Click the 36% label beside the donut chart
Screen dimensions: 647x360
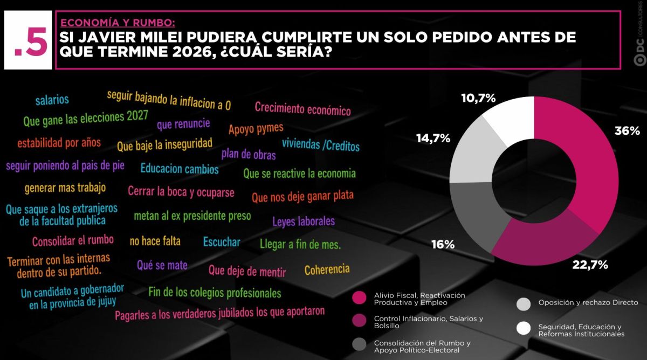627,131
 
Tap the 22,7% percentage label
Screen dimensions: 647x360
590,265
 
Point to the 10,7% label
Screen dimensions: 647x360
478,98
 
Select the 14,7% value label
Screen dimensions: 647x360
433,139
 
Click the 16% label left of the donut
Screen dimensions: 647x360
443,245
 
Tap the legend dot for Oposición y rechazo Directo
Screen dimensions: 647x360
524,304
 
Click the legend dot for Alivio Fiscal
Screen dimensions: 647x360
359,297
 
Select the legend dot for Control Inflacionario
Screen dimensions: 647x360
359,321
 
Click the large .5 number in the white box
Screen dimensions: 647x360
31,41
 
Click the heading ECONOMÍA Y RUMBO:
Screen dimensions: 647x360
118,23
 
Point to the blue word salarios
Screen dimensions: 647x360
52,100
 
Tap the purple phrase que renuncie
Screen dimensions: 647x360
183,124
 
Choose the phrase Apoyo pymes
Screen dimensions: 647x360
256,128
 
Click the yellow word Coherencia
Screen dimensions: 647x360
327,269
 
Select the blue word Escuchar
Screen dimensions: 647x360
222,242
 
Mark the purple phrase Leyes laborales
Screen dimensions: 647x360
304,221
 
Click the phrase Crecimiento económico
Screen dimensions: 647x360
302,109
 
